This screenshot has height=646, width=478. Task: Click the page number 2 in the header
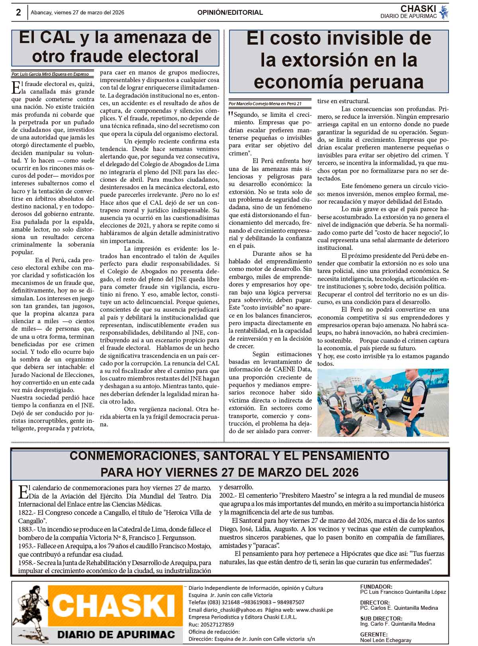click(x=18, y=12)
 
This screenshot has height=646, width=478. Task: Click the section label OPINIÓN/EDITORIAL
click(x=230, y=12)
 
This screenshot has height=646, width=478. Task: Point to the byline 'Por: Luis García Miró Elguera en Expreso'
click(x=50, y=74)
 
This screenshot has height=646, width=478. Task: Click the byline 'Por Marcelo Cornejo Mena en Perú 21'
click(x=265, y=104)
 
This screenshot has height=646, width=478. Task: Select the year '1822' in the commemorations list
click(x=25, y=512)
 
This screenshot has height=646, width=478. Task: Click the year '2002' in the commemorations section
click(x=226, y=495)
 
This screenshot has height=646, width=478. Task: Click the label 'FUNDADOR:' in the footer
click(x=376, y=587)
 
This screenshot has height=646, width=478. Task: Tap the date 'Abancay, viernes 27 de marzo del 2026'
click(x=78, y=12)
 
